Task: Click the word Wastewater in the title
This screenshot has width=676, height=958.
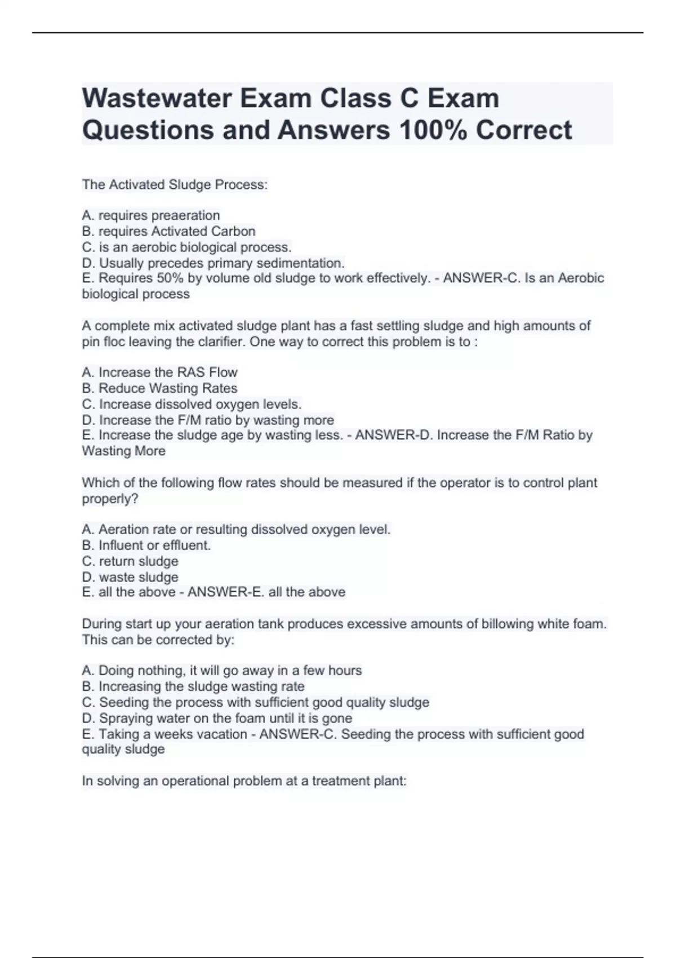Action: pyautogui.click(x=157, y=99)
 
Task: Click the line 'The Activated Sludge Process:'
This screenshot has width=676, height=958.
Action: pyautogui.click(x=175, y=185)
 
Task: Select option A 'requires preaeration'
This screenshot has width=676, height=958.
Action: pyautogui.click(x=151, y=215)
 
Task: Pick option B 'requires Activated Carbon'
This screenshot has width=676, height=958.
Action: pyautogui.click(x=168, y=231)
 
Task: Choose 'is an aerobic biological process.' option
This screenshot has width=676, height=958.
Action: pyautogui.click(x=187, y=247)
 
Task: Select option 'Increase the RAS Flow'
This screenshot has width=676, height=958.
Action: pyautogui.click(x=159, y=372)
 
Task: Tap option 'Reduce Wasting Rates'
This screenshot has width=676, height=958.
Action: pyautogui.click(x=159, y=388)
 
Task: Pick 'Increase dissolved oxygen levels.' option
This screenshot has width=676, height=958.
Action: pyautogui.click(x=192, y=404)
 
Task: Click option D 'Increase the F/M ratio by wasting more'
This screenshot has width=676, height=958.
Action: pyautogui.click(x=208, y=420)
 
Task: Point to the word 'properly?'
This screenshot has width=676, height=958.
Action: pyautogui.click(x=110, y=499)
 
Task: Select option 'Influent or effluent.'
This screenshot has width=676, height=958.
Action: pyautogui.click(x=146, y=545)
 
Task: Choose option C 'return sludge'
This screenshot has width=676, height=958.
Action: pyautogui.click(x=130, y=561)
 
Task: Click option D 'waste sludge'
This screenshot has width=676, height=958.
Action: pyautogui.click(x=130, y=577)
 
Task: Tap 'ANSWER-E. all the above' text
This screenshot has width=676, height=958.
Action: pyautogui.click(x=266, y=592)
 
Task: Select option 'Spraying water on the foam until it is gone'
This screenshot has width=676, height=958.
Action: pyautogui.click(x=217, y=718)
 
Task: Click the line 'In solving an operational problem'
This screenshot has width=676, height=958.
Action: pyautogui.click(x=244, y=781)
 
